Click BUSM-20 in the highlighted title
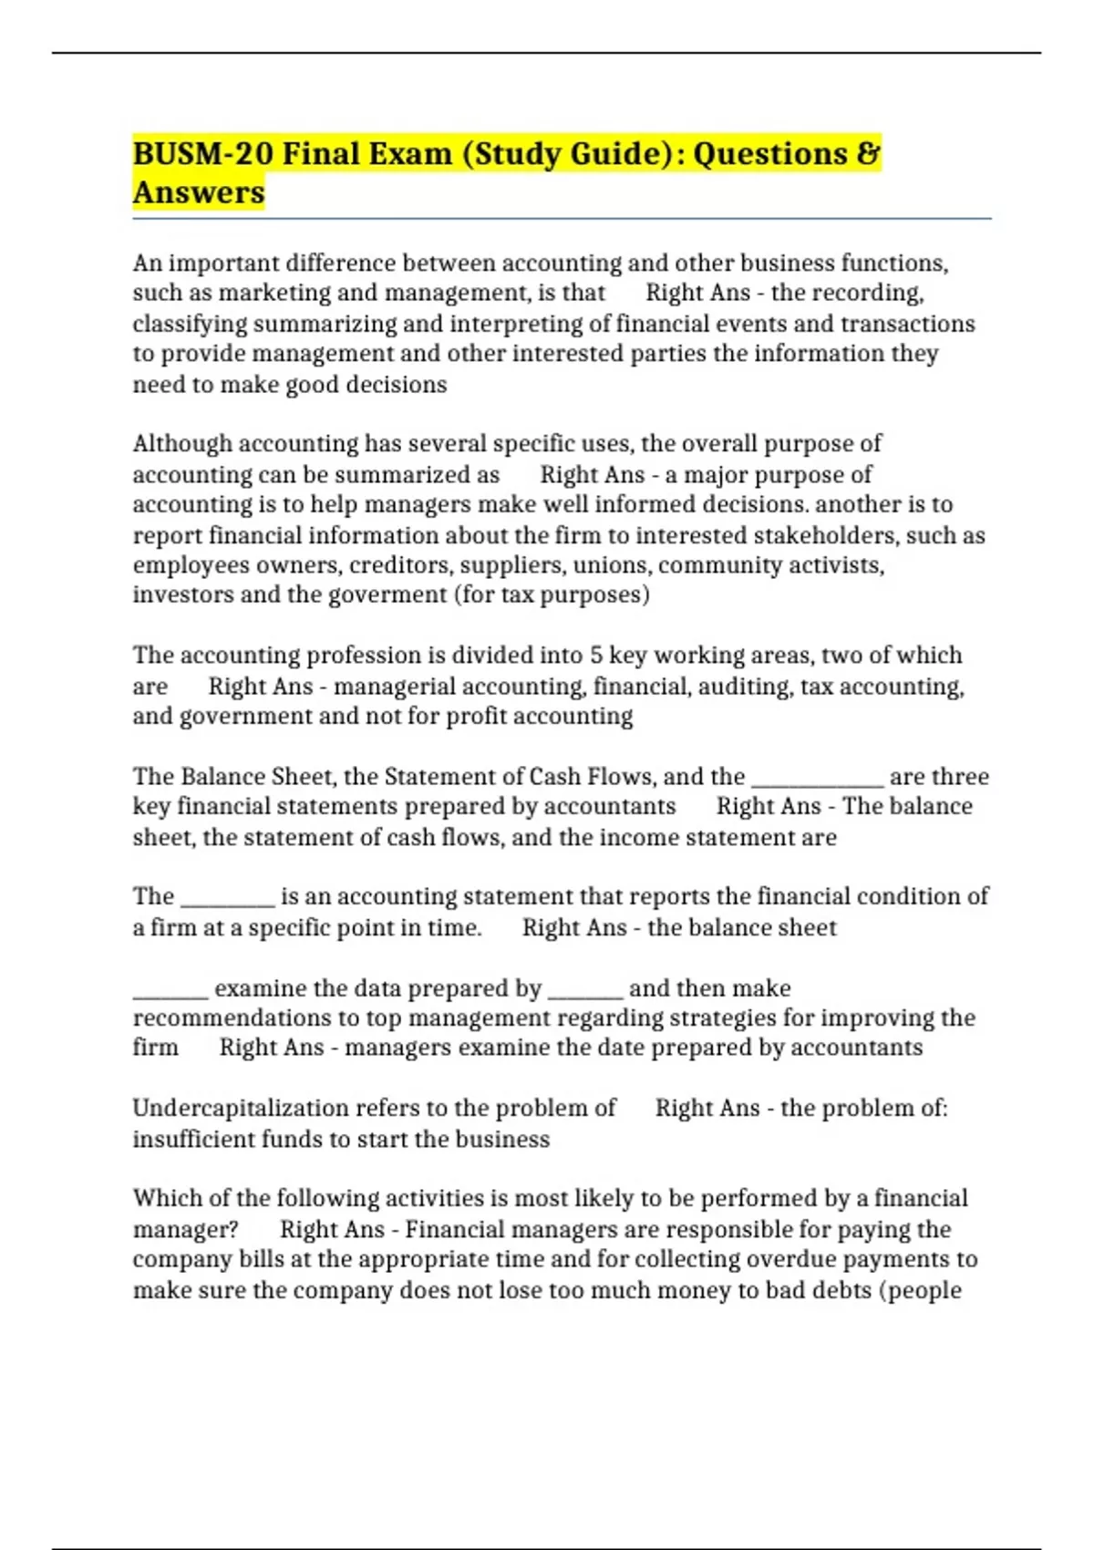click(202, 153)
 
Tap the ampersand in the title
click(869, 153)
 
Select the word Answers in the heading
click(199, 192)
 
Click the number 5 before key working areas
click(596, 655)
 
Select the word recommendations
click(232, 1018)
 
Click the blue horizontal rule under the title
click(562, 219)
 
